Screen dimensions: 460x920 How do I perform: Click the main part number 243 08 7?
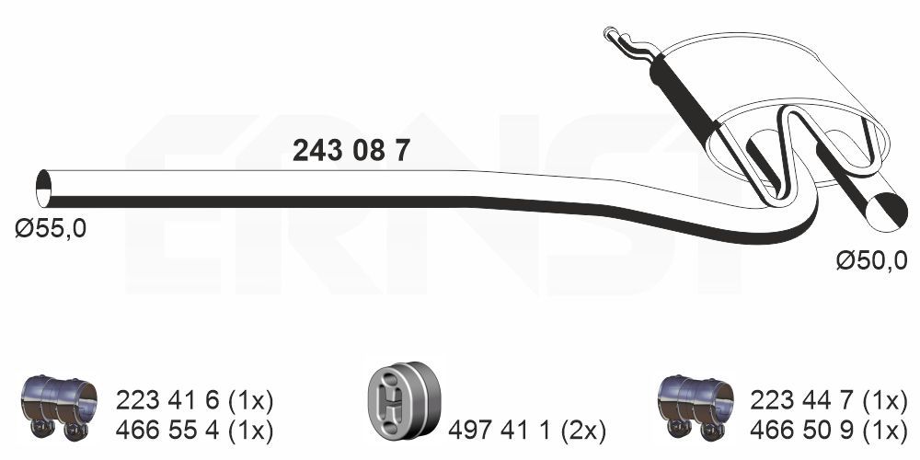click(351, 151)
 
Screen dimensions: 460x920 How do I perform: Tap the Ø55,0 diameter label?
click(51, 228)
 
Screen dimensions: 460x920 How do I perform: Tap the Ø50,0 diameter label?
click(870, 262)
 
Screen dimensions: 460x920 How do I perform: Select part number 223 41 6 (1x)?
click(194, 399)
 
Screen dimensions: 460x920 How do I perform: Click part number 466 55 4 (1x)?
click(194, 429)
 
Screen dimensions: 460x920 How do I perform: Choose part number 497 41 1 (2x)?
click(526, 429)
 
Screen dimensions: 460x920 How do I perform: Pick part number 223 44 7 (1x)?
click(830, 399)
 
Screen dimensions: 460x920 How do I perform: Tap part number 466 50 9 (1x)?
click(830, 429)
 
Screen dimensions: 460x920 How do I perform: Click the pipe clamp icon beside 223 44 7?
click(696, 405)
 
